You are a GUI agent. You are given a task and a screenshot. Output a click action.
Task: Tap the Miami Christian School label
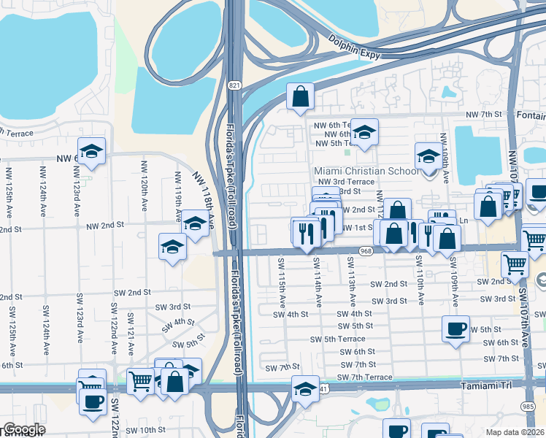(366, 171)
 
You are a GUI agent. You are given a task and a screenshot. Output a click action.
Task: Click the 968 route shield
(366, 251)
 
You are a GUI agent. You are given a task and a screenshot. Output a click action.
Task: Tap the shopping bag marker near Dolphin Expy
(300, 96)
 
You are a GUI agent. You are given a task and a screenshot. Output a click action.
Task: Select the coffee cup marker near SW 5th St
(455, 328)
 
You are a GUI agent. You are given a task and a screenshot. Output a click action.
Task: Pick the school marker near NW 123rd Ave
(91, 151)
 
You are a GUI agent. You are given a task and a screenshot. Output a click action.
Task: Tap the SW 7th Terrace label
(364, 377)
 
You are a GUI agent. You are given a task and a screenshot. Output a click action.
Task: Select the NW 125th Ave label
(10, 193)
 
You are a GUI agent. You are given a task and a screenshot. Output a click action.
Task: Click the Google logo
(23, 430)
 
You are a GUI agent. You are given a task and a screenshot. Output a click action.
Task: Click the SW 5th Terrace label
(337, 339)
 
